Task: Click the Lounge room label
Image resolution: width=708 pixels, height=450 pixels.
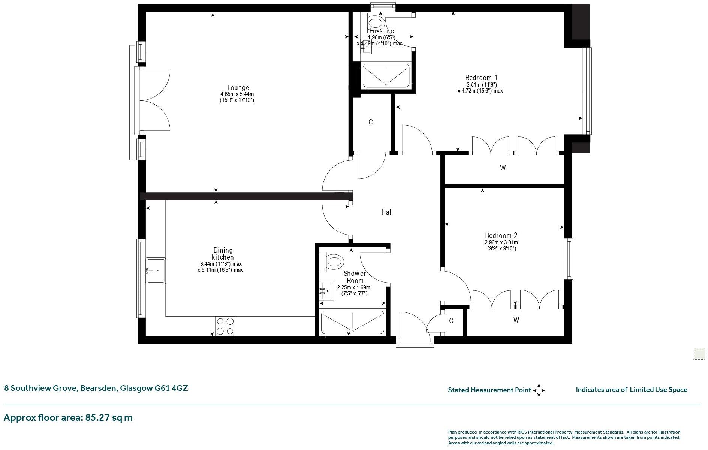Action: [238, 88]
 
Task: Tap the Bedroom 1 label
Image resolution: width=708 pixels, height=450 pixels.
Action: [481, 78]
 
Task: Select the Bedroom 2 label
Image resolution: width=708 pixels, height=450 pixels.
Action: [501, 236]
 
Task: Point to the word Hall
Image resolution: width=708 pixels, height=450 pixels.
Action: [387, 212]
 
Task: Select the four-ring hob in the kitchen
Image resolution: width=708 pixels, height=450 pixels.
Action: [225, 326]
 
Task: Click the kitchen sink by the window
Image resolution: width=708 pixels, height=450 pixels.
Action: [156, 271]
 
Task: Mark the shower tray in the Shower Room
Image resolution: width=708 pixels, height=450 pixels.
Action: [352, 323]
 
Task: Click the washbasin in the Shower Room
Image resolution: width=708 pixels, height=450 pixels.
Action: [327, 291]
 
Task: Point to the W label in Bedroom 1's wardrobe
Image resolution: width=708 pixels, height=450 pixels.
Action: [503, 168]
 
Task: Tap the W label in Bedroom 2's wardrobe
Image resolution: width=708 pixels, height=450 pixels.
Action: [516, 320]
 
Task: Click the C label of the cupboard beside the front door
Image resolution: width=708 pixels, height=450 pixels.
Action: [451, 321]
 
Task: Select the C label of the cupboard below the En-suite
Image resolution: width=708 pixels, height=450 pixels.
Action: [370, 122]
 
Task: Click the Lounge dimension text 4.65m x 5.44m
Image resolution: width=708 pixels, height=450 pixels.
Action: [237, 94]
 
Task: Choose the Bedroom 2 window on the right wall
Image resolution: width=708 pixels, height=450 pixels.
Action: [569, 259]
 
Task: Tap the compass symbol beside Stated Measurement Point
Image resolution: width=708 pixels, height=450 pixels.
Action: [539, 390]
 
